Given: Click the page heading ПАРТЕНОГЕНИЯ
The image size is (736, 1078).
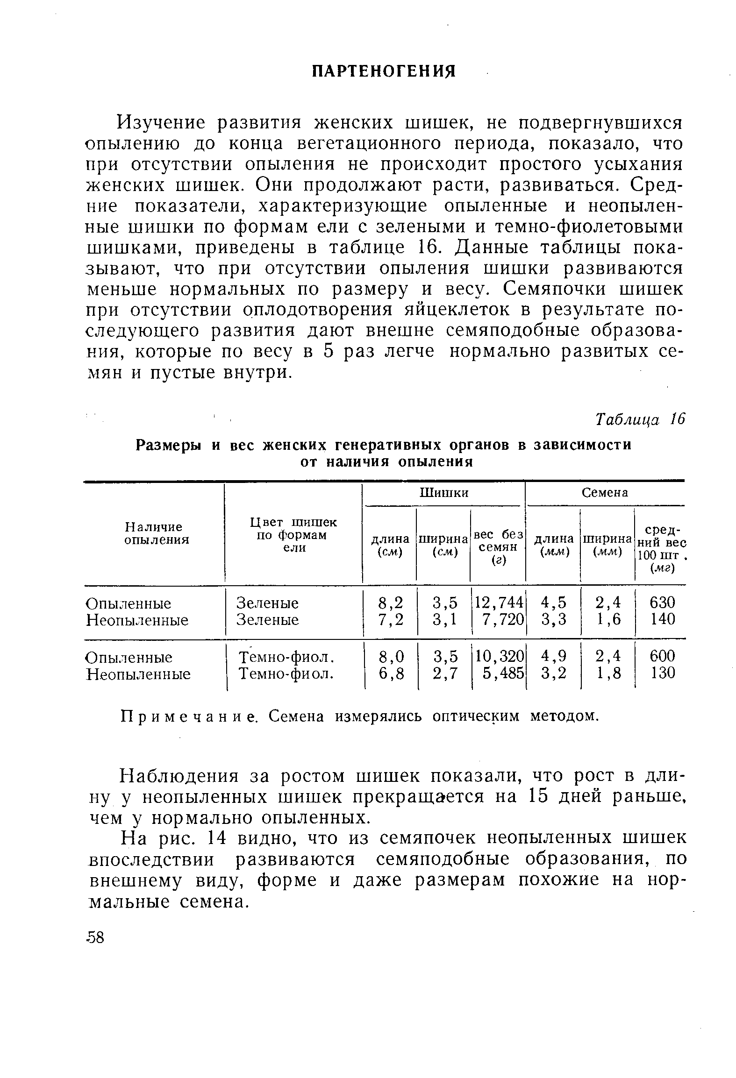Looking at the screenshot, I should click(x=383, y=71).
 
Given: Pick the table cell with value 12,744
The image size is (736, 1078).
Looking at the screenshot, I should click(x=498, y=603).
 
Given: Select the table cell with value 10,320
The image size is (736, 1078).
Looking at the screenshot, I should click(x=498, y=657).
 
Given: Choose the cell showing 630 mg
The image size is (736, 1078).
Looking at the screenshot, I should click(x=662, y=603).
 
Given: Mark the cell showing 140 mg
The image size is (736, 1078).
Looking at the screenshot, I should click(x=662, y=620).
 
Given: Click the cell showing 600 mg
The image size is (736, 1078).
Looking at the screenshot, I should click(x=662, y=657).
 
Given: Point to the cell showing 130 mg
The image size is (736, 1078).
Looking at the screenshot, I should click(x=662, y=674).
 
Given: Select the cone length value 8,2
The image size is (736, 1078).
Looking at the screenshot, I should click(x=390, y=603).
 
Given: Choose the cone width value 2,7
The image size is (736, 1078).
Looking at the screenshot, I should click(x=444, y=674).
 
